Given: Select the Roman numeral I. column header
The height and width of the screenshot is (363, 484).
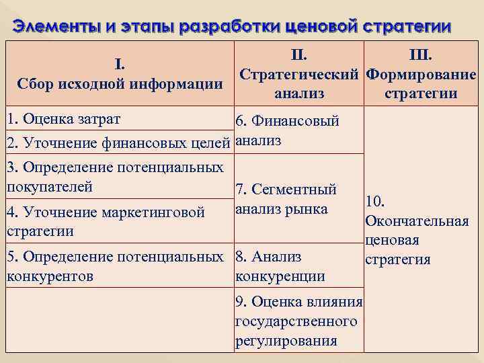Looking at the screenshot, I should pyautogui.click(x=119, y=65).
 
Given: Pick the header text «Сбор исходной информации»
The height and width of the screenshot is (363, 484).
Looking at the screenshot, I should pyautogui.click(x=119, y=84).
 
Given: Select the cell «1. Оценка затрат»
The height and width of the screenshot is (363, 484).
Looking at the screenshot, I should pyautogui.click(x=63, y=119).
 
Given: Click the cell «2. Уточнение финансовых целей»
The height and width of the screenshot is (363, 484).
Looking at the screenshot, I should pyautogui.click(x=118, y=143).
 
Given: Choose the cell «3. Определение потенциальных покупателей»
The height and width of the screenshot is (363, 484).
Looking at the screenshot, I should pyautogui.click(x=115, y=176).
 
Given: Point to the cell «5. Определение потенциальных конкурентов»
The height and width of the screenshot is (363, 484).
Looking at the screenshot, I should pyautogui.click(x=115, y=266).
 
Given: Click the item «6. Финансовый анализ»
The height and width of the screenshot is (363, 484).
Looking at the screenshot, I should pyautogui.click(x=287, y=131).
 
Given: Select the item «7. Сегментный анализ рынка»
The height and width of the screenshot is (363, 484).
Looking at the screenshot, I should pyautogui.click(x=286, y=199).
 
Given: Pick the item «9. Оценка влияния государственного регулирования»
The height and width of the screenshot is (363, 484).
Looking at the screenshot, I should pyautogui.click(x=298, y=321).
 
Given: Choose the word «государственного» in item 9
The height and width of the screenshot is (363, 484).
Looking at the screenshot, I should pyautogui.click(x=296, y=321).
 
